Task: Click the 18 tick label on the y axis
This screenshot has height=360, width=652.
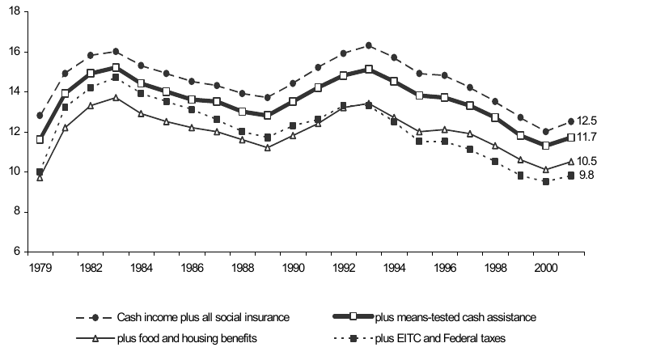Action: pos(13,12)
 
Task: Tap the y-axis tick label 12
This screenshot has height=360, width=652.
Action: pos(13,131)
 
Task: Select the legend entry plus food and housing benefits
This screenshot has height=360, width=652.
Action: pos(188,338)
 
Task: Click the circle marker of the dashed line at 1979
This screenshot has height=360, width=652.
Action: pos(40,116)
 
